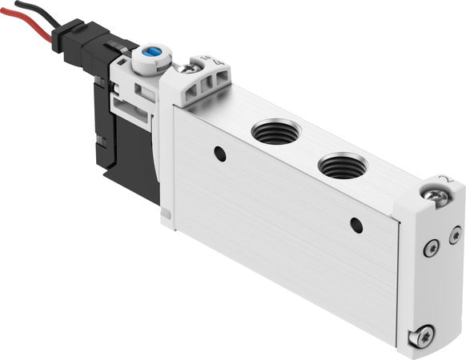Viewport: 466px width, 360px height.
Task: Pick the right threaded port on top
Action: [x=343, y=167]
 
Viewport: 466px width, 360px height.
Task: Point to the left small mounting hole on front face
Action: [x=219, y=150]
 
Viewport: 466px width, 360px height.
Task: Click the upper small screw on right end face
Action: [x=432, y=250]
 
